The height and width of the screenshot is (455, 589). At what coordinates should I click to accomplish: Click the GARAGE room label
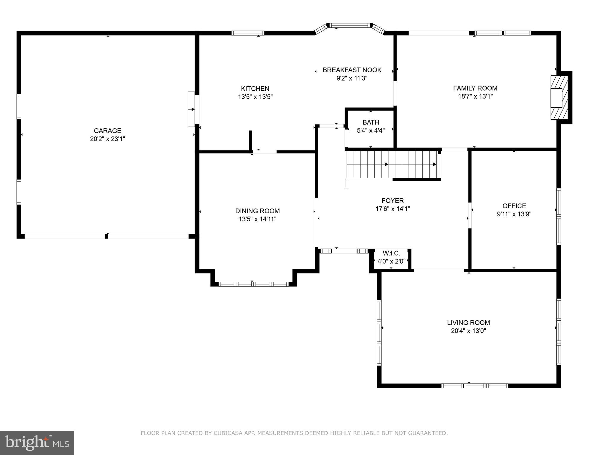click(x=107, y=131)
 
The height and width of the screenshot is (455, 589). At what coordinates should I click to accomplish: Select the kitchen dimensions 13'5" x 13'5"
click(x=255, y=97)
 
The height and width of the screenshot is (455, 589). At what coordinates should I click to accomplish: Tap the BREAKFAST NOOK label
click(x=352, y=70)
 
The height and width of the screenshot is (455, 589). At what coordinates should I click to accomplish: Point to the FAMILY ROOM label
click(x=475, y=88)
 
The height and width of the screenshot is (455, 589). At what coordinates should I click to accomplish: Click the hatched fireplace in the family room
click(x=559, y=98)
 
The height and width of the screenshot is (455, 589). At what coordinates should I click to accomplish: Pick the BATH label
click(x=371, y=122)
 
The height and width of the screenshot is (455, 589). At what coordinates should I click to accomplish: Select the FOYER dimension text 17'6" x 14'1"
click(x=392, y=209)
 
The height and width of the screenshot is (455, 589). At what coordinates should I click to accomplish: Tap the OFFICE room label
click(x=514, y=206)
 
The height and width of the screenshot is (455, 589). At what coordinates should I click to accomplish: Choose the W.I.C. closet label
click(x=391, y=254)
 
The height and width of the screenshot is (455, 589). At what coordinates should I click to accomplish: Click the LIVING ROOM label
click(x=468, y=323)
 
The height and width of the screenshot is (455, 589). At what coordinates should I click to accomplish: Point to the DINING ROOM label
click(x=257, y=211)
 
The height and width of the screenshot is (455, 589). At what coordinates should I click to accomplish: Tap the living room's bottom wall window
click(x=475, y=386)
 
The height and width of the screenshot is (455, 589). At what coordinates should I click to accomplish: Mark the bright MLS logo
click(x=37, y=443)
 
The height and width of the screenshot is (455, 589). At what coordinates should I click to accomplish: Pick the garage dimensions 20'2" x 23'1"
click(x=107, y=139)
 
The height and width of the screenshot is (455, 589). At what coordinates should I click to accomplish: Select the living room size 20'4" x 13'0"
click(x=468, y=331)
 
